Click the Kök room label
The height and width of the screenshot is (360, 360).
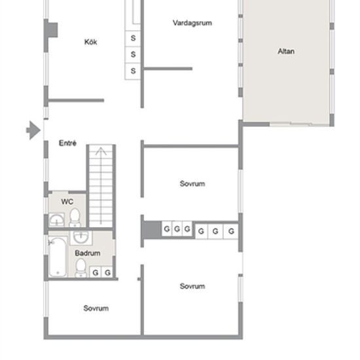click(91, 42)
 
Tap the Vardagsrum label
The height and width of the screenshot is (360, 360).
click(192, 23)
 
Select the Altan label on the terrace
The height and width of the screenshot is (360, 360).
click(286, 51)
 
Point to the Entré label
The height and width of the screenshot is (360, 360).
click(67, 143)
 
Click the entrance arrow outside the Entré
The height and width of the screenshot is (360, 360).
click(33, 130)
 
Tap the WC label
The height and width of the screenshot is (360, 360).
click(67, 202)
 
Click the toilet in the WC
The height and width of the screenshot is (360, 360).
click(75, 217)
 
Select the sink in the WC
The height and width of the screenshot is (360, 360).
click(56, 220)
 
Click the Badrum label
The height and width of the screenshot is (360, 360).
click(88, 253)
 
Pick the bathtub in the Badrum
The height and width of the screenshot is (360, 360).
click(58, 257)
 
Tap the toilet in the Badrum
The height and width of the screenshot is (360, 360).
click(81, 268)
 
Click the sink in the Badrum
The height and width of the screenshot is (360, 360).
click(81, 237)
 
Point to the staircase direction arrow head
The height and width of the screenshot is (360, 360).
click(101, 151)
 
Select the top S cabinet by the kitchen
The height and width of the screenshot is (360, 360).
click(133, 38)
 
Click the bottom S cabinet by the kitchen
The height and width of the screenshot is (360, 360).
click(133, 71)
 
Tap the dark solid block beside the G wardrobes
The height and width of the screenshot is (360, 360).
click(153, 230)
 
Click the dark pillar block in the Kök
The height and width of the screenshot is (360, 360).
click(52, 30)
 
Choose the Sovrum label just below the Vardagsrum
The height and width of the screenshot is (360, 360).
click(192, 184)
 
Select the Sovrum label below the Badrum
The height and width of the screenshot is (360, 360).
click(96, 308)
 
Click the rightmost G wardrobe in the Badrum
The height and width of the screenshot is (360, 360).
click(107, 272)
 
